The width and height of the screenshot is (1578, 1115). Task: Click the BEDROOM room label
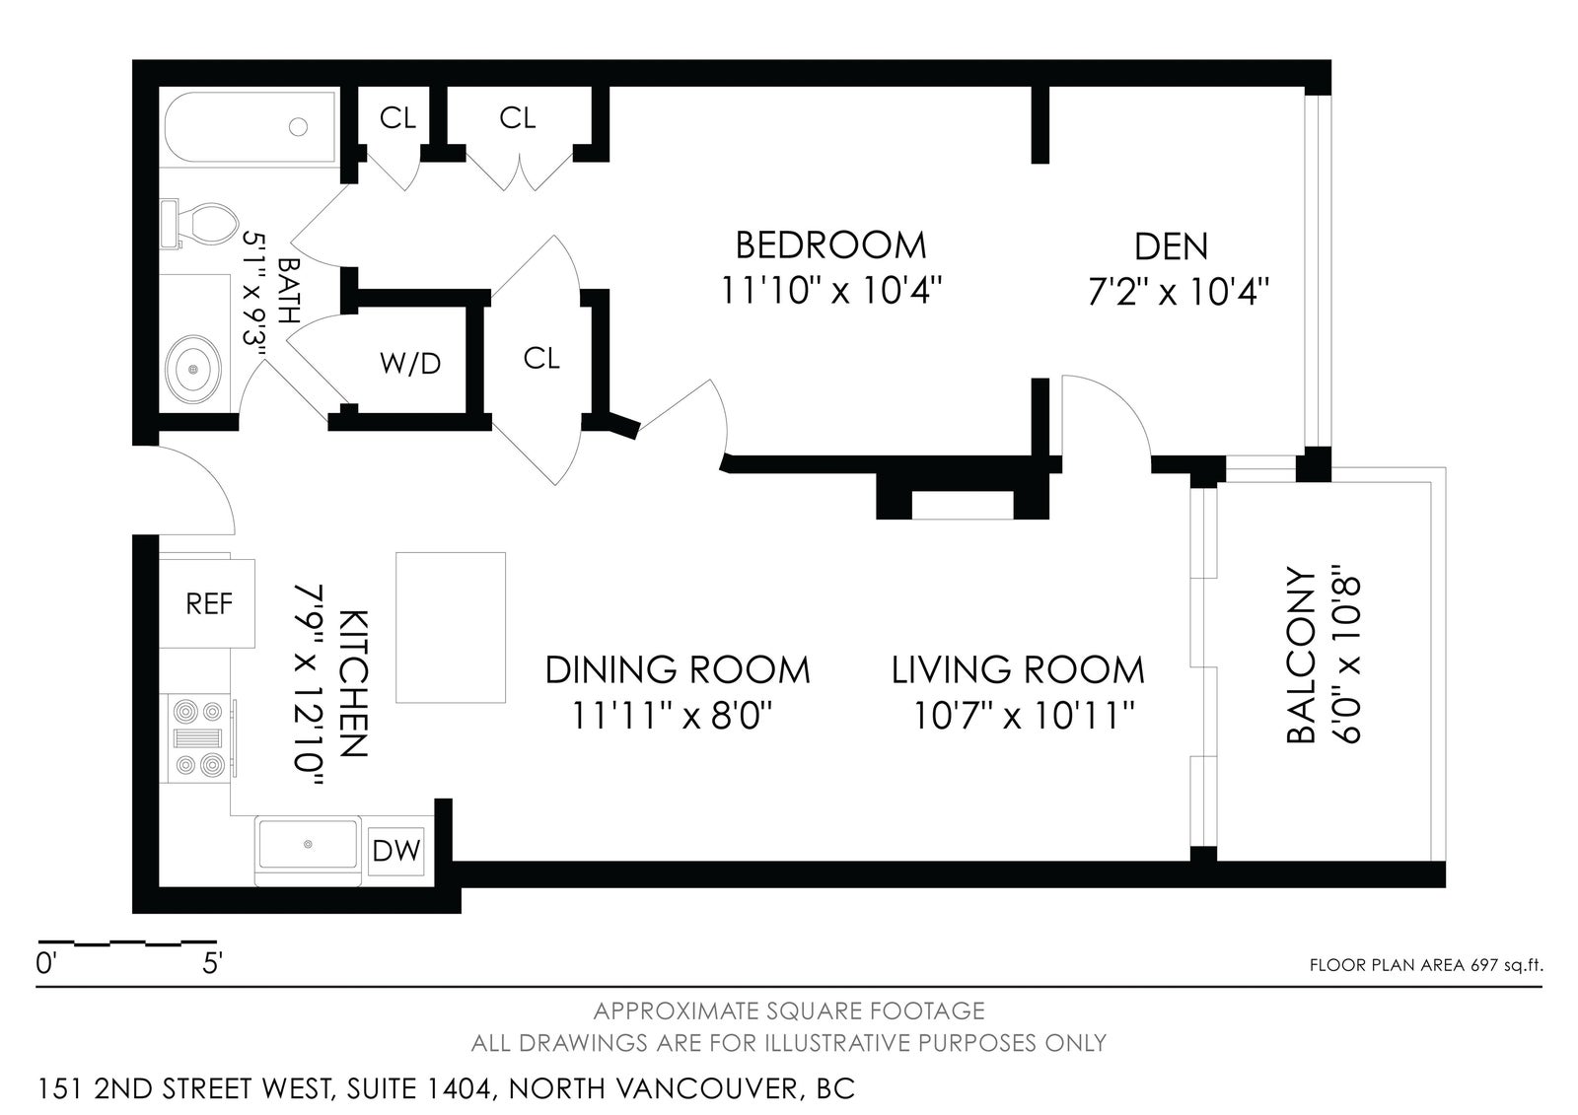click(x=830, y=245)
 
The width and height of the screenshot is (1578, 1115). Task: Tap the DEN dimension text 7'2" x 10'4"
click(x=1179, y=292)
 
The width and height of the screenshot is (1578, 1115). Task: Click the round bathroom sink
click(x=192, y=369)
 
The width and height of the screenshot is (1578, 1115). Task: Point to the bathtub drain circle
click(x=299, y=127)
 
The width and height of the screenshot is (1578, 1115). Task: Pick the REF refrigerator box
click(x=207, y=603)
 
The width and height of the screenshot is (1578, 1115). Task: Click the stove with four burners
click(x=198, y=736)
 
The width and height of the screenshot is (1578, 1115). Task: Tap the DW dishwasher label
click(x=395, y=852)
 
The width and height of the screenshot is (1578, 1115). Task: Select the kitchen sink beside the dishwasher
click(x=308, y=844)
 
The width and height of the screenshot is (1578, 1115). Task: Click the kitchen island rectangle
click(x=451, y=628)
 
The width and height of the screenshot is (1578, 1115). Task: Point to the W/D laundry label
click(x=410, y=364)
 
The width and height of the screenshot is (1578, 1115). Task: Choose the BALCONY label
click(x=1301, y=656)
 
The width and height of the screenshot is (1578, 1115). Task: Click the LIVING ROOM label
click(x=1018, y=669)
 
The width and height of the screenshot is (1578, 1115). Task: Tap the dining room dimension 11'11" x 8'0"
click(x=672, y=717)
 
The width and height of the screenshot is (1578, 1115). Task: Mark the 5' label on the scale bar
click(x=213, y=963)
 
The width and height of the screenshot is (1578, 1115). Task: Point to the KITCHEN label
click(x=354, y=684)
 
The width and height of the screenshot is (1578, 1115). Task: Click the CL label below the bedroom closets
click(x=541, y=359)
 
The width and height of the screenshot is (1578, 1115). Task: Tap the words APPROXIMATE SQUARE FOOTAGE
click(x=789, y=1011)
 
